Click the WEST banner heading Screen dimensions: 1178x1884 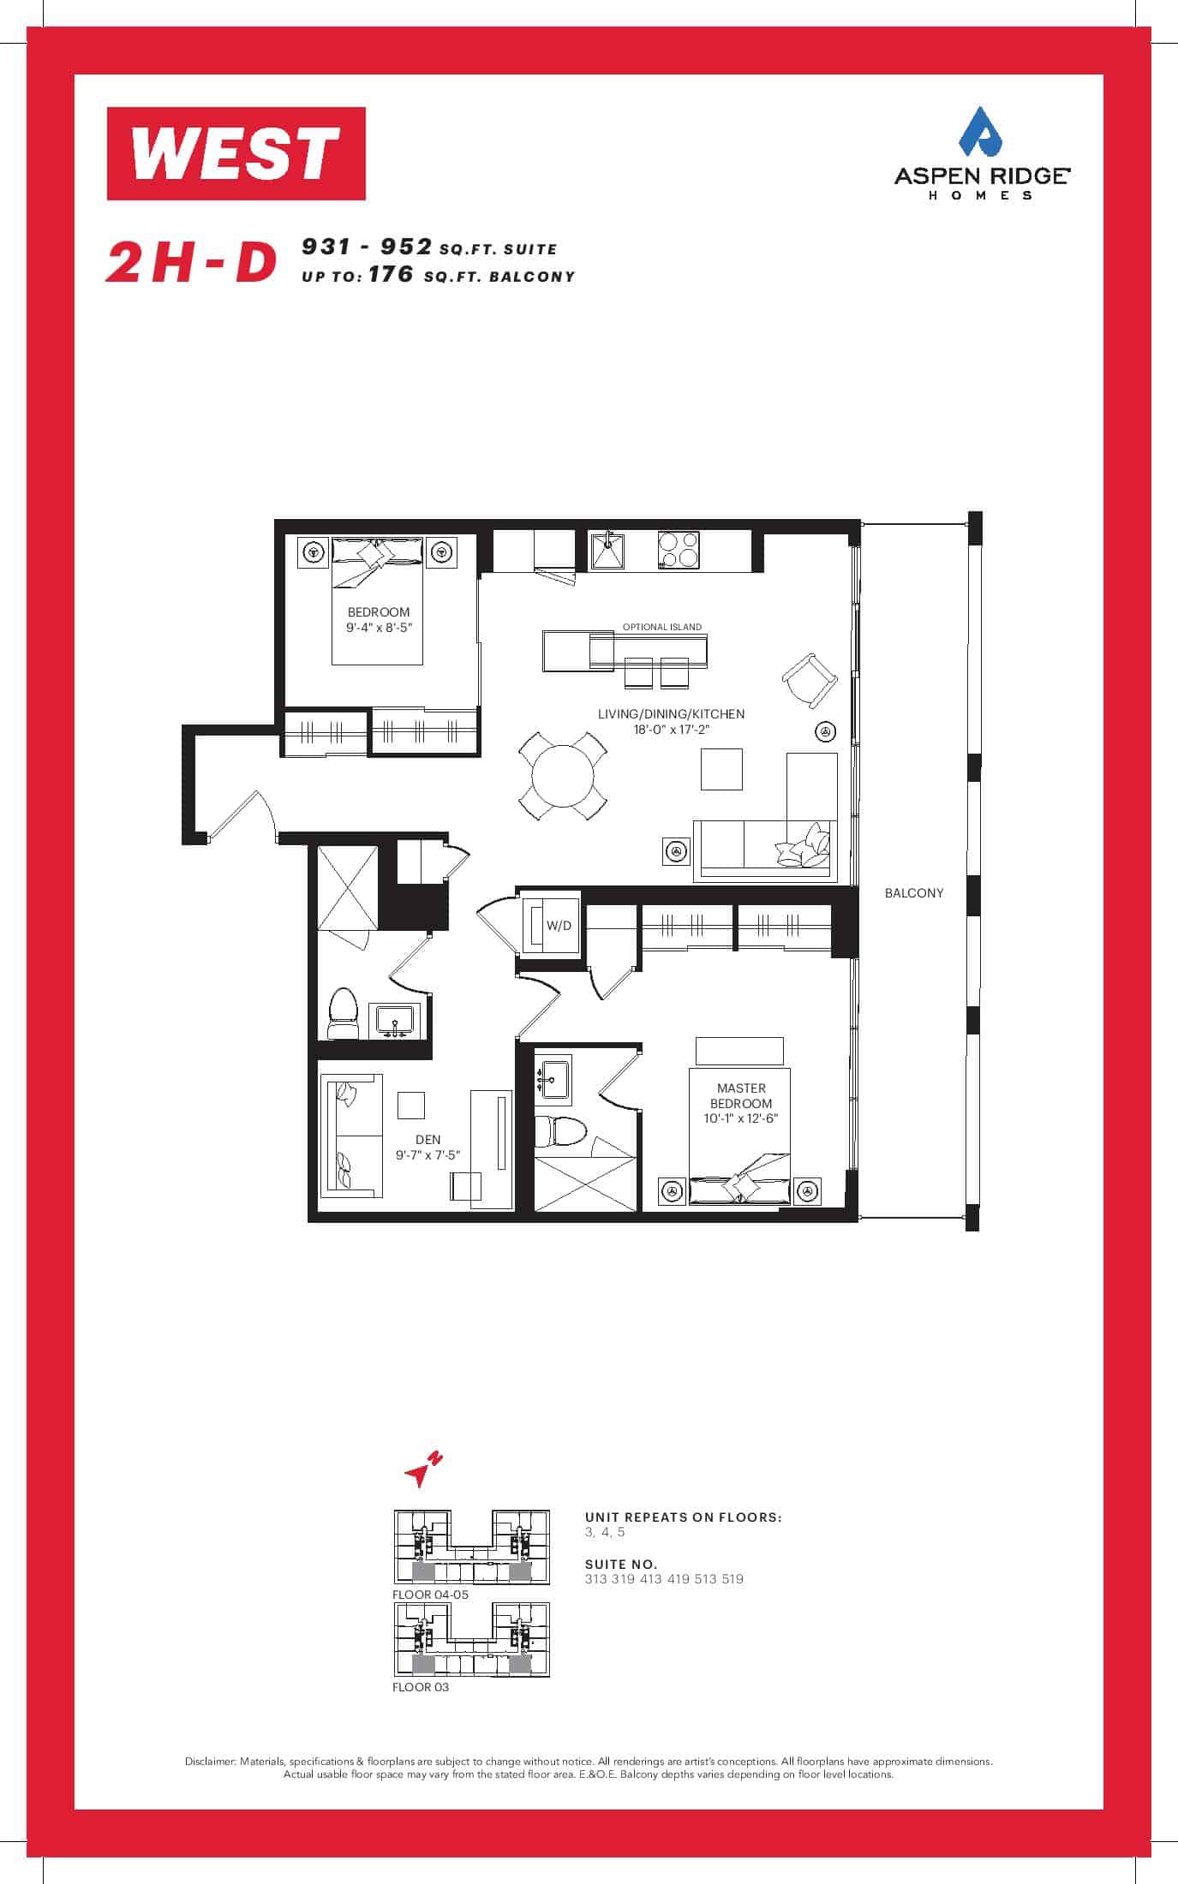[x=236, y=153]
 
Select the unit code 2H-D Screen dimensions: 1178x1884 [x=192, y=262]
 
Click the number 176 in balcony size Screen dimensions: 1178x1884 [x=392, y=275]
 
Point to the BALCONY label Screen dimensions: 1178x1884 [x=914, y=892]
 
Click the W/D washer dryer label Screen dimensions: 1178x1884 [x=559, y=926]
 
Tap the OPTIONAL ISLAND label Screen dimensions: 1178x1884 [x=662, y=627]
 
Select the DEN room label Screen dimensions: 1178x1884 [x=428, y=1139]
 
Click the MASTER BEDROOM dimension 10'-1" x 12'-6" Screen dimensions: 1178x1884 [x=742, y=1118]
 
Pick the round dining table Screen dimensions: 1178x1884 [x=563, y=776]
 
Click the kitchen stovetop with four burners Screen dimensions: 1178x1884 [x=679, y=551]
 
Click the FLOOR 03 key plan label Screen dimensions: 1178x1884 [x=421, y=1687]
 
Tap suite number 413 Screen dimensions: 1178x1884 [x=651, y=1579]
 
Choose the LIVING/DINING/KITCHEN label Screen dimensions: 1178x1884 [x=671, y=713]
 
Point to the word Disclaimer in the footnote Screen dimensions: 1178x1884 [x=210, y=1762]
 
